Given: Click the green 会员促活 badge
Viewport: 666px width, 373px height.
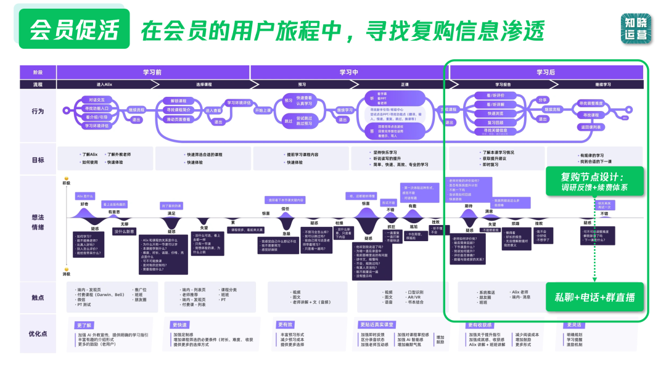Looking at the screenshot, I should pyautogui.click(x=75, y=28).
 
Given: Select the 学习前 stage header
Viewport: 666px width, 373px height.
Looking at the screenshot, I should pyautogui.click(x=152, y=72).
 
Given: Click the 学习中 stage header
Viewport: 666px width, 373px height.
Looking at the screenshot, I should pyautogui.click(x=348, y=72).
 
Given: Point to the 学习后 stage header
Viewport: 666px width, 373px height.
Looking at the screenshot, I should pyautogui.click(x=545, y=72).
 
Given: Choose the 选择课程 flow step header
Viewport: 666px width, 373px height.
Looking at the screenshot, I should pyautogui.click(x=203, y=84).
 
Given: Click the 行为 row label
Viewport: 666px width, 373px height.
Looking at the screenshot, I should pyautogui.click(x=37, y=112).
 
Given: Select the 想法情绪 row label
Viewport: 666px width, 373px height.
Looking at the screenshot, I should pyautogui.click(x=37, y=222).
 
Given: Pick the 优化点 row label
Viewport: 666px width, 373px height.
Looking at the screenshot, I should pyautogui.click(x=37, y=334).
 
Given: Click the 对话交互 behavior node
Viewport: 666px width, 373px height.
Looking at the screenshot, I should pyautogui.click(x=97, y=99).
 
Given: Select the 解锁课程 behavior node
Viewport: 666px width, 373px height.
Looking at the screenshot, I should pyautogui.click(x=178, y=100).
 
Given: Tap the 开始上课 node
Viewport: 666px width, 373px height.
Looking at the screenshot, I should pyautogui.click(x=263, y=110).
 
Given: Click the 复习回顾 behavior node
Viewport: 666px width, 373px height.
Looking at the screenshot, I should pyautogui.click(x=495, y=122).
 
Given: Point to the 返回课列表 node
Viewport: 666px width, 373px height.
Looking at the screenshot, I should pyautogui.click(x=590, y=127).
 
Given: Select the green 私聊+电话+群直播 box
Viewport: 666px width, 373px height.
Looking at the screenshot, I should pyautogui.click(x=594, y=298).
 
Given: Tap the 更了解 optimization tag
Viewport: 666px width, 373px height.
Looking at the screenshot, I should pyautogui.click(x=84, y=324).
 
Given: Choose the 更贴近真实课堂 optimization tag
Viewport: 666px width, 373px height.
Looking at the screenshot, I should pyautogui.click(x=376, y=324).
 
